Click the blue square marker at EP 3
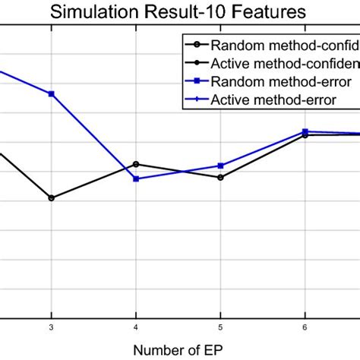click(x=52, y=93)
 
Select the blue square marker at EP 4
click(x=136, y=178)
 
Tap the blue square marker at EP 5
click(x=220, y=166)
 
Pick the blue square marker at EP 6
click(x=305, y=131)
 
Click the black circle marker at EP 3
click(x=52, y=198)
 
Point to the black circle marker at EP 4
click(x=136, y=164)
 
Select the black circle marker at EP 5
click(x=220, y=178)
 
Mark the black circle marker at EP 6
click(x=305, y=135)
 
